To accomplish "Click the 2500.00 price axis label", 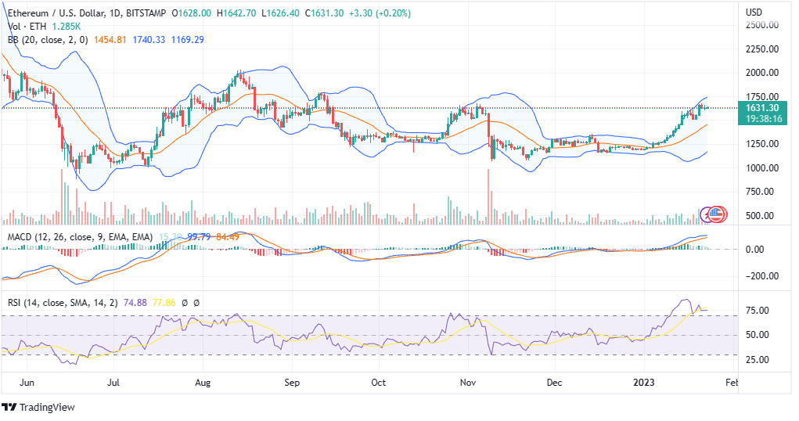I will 761,25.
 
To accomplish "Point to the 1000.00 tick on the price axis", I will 761,168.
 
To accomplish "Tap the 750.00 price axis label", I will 761,192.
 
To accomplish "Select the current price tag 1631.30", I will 762,108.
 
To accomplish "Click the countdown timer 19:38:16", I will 762,119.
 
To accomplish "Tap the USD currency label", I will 754,13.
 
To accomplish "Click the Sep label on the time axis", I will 292,383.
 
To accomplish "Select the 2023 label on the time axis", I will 644,383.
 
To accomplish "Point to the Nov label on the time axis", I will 468,383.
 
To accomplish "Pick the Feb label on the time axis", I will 732,383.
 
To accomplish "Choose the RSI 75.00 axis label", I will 758,311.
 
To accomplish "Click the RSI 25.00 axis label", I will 758,360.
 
